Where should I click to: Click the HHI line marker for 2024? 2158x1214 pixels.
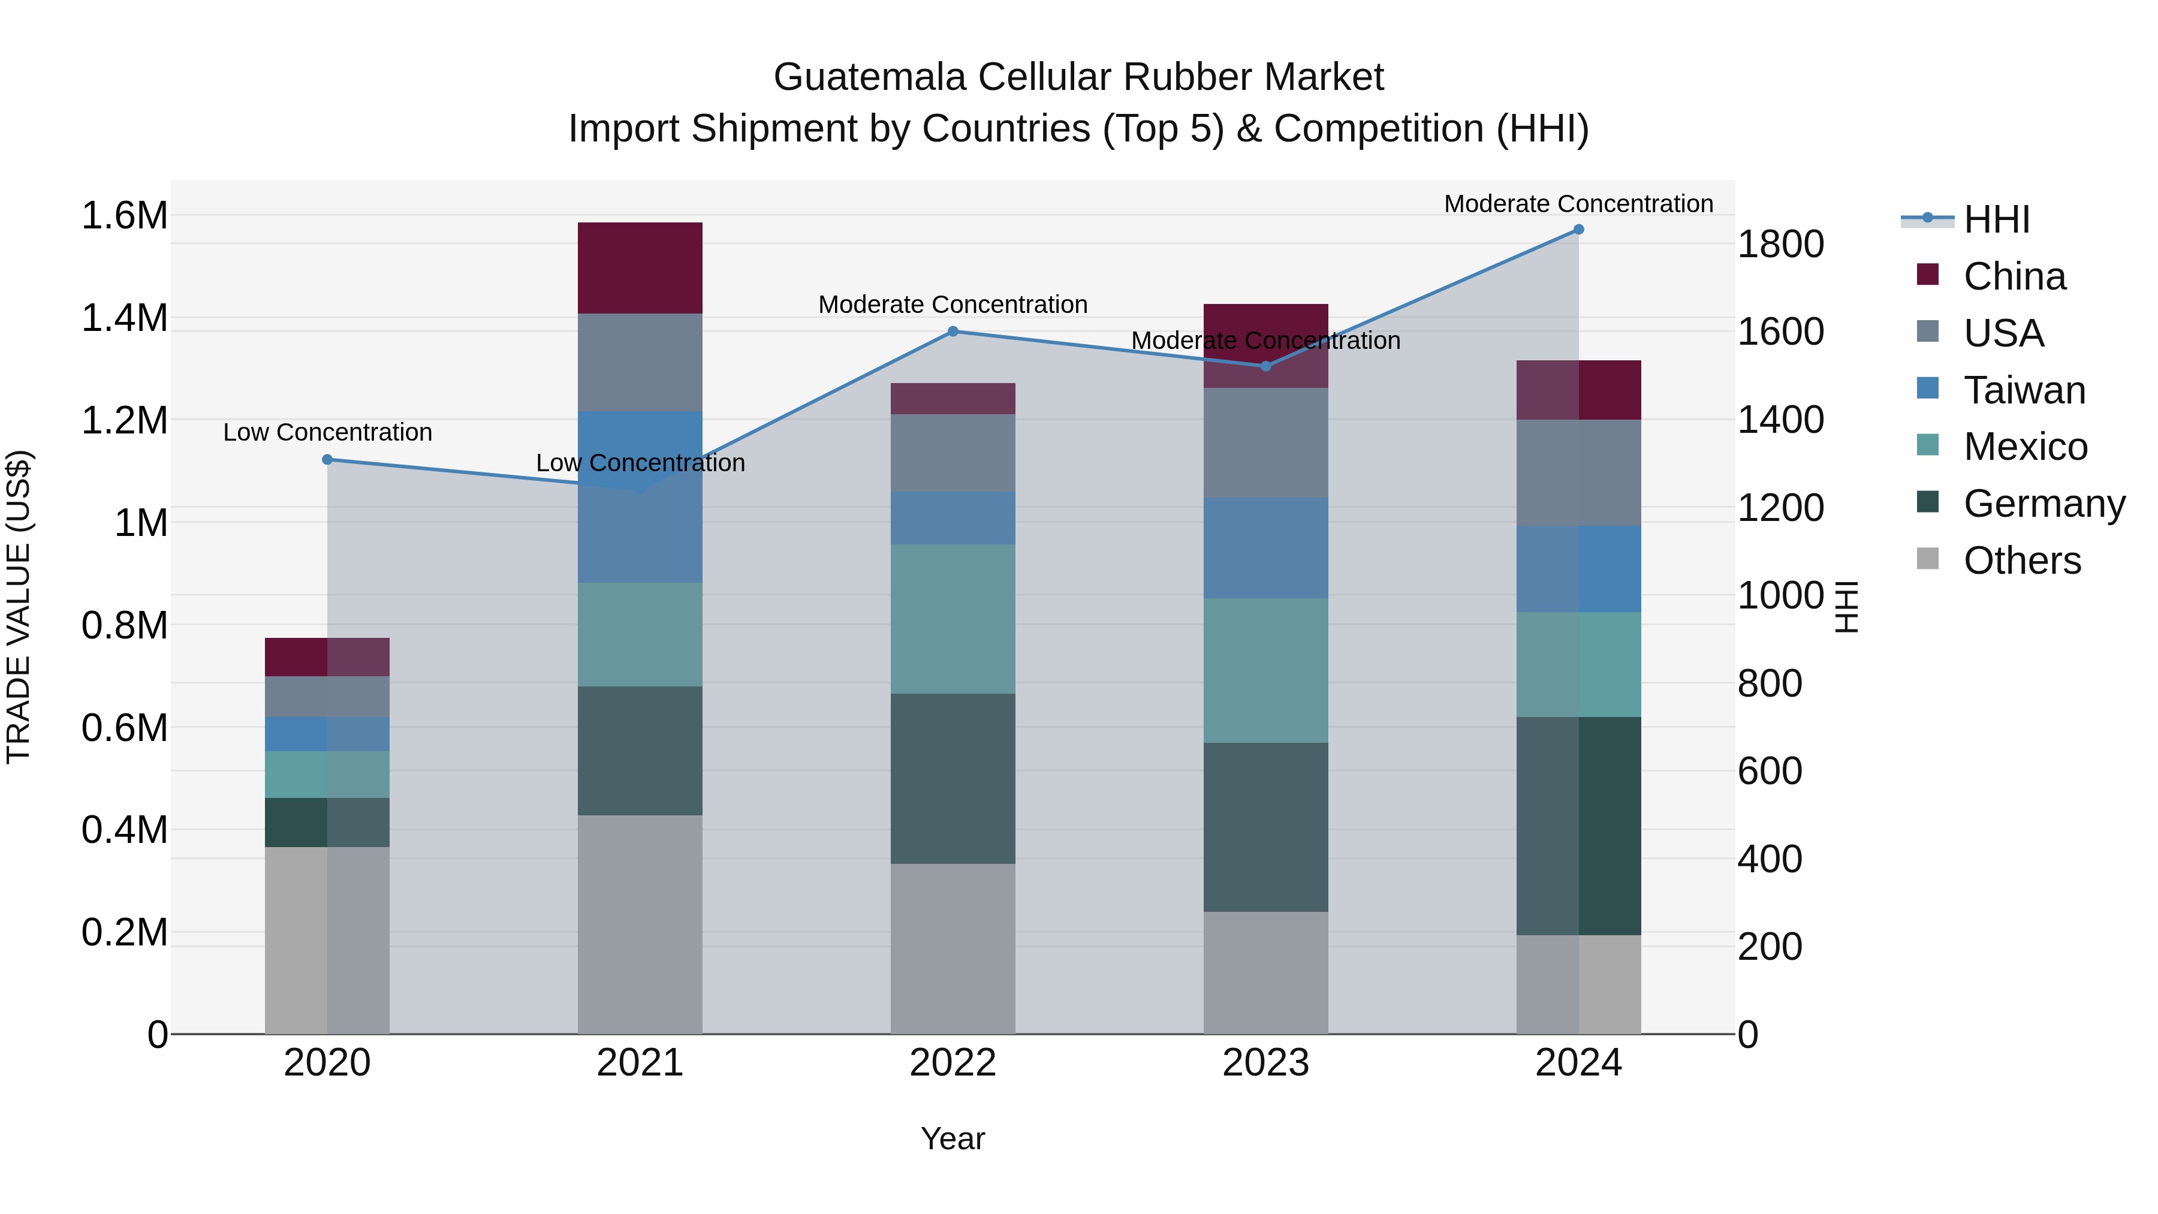coord(1578,230)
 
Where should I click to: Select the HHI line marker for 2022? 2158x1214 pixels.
coord(953,332)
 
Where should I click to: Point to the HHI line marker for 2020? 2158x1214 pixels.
coord(327,460)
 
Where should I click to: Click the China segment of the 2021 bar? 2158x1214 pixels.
coord(640,268)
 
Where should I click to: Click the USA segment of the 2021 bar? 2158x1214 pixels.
coord(640,363)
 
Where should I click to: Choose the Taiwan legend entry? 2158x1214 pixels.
coord(2024,390)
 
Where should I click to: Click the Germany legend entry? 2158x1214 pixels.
coord(2044,504)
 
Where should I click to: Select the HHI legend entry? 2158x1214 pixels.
coord(1996,219)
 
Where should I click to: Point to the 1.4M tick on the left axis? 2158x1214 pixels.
coord(124,318)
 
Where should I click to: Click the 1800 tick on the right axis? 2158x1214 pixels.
coord(1780,245)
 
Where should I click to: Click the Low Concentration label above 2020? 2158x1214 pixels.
coord(327,432)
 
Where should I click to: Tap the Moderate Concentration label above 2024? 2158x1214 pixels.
coord(1578,204)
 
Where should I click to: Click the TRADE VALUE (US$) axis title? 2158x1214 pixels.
coord(19,607)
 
